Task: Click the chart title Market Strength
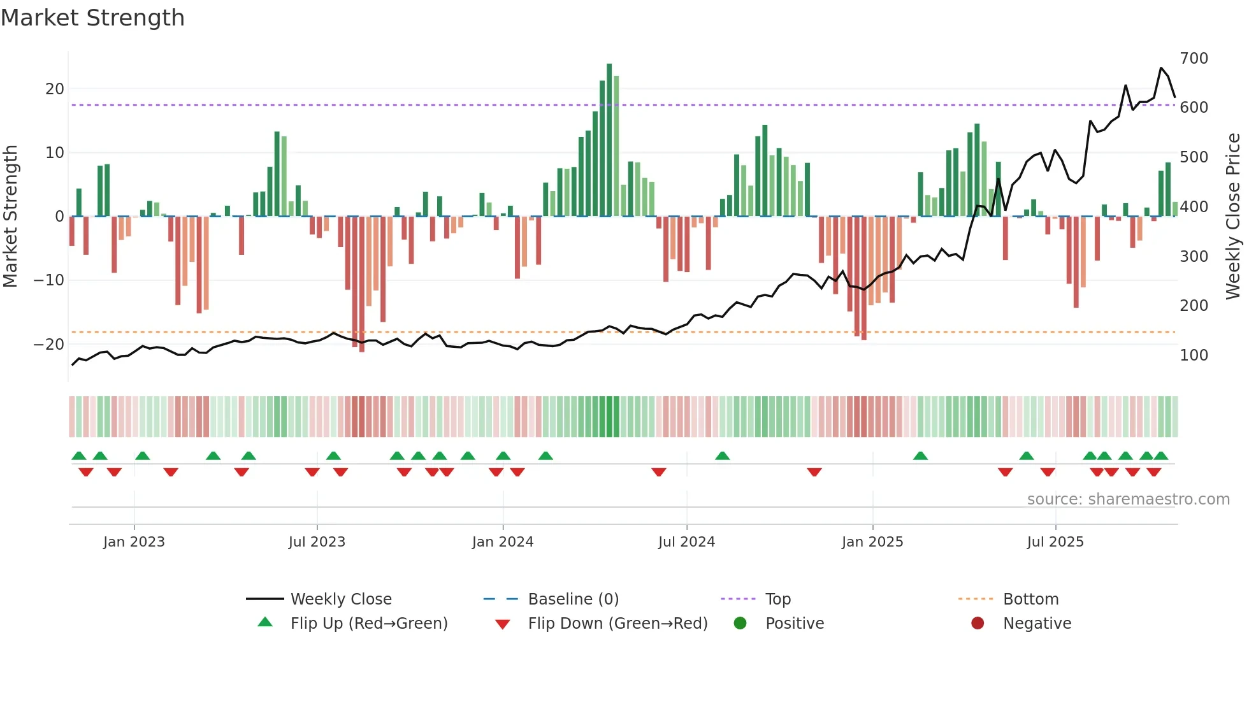click(92, 18)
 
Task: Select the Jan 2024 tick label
click(503, 541)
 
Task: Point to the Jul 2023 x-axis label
click(317, 541)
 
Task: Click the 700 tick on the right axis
click(1194, 59)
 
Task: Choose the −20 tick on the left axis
click(49, 344)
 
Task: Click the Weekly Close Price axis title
click(1233, 216)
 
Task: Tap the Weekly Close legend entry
click(341, 599)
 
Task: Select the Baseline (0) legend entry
click(573, 599)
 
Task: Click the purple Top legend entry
click(777, 599)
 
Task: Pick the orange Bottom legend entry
click(1030, 599)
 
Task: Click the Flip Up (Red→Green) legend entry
click(369, 623)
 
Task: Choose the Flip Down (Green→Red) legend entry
click(617, 623)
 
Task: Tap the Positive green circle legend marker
click(740, 623)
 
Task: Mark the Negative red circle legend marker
click(978, 623)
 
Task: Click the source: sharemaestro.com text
click(1128, 499)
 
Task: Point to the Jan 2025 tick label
click(872, 541)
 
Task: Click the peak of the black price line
click(1161, 68)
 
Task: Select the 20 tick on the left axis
click(55, 89)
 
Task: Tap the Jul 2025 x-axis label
click(1055, 541)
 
